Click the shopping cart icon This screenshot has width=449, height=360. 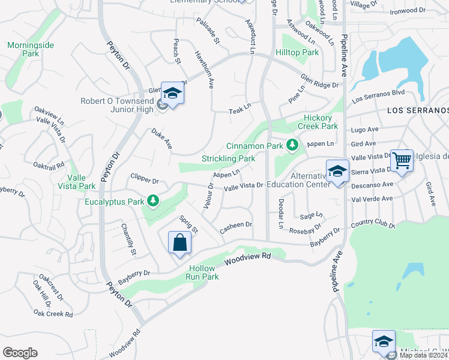[x=402, y=160]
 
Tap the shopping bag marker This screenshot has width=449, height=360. [x=180, y=243]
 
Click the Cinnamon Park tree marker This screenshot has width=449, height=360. [x=292, y=145]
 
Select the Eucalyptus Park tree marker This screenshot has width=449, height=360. [x=153, y=200]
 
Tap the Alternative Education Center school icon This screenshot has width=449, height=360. [x=337, y=171]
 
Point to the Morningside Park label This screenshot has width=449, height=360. [x=23, y=49]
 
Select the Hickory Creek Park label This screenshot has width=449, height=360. [x=321, y=122]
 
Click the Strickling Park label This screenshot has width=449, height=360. [x=229, y=158]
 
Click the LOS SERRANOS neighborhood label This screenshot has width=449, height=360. [x=418, y=110]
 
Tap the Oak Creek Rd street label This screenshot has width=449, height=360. [x=53, y=313]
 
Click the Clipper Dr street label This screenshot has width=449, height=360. [x=144, y=179]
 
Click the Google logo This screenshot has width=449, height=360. [x=20, y=353]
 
